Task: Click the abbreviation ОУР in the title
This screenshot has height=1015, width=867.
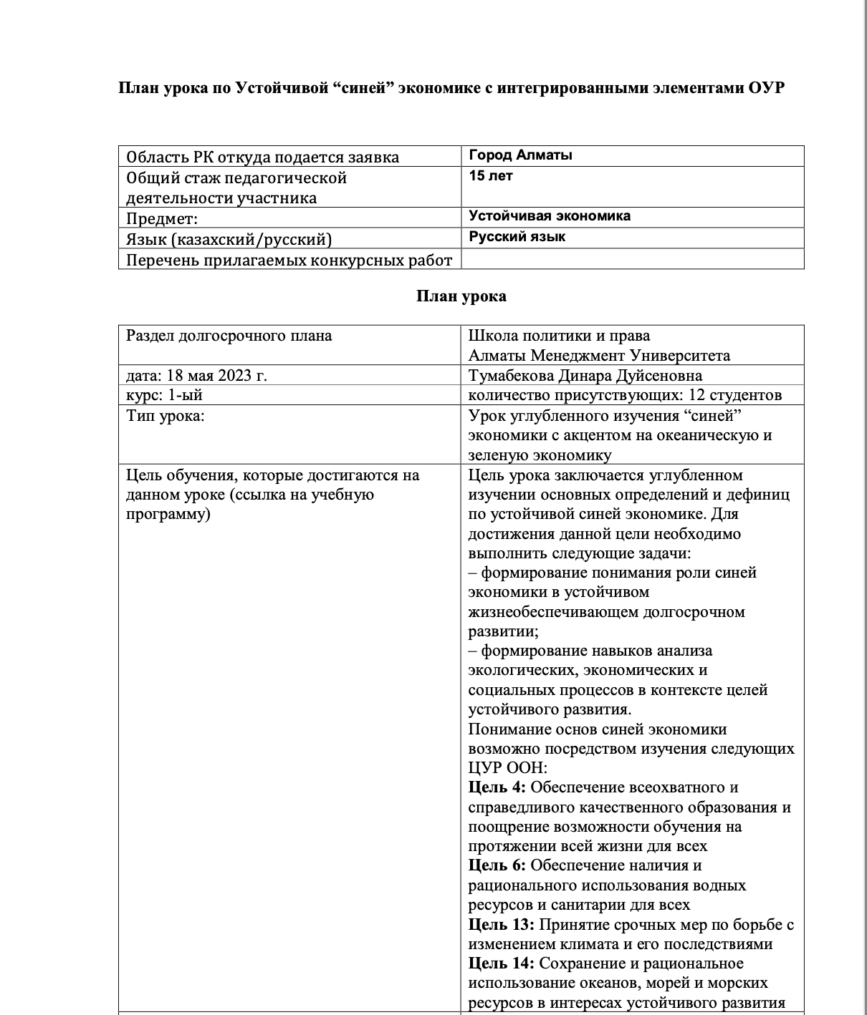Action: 766,88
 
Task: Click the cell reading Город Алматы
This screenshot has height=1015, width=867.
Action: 520,155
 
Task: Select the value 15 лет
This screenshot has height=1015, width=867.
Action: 491,175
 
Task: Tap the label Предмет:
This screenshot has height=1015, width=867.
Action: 162,218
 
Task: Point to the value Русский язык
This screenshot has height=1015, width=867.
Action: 517,237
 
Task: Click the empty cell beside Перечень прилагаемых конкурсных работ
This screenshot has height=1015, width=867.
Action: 632,259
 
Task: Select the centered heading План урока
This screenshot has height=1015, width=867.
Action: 461,296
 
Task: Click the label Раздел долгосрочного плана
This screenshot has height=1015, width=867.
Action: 229,336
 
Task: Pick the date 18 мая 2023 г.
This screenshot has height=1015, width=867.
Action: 216,376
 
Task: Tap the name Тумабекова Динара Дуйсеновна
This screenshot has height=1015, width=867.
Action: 585,376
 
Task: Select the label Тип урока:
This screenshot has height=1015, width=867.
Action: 165,416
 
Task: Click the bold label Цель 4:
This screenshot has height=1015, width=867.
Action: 497,787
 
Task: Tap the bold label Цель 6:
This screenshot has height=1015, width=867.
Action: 497,865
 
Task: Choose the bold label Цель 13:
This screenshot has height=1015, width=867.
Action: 501,924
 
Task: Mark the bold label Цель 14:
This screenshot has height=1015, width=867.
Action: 501,963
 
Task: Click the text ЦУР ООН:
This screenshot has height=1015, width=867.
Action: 507,768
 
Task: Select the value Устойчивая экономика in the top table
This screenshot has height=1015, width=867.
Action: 550,216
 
